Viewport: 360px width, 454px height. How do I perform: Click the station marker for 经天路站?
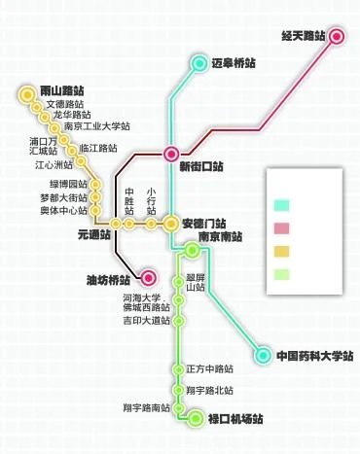tap(337, 38)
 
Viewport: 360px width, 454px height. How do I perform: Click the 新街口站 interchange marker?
tap(171, 152)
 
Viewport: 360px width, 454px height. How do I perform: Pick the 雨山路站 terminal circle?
tap(26, 95)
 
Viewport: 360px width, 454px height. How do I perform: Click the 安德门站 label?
tap(203, 223)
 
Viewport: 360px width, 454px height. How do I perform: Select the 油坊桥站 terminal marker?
tap(148, 277)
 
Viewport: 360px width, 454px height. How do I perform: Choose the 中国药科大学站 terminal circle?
tap(263, 355)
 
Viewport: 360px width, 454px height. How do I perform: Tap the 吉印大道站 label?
tap(147, 320)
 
